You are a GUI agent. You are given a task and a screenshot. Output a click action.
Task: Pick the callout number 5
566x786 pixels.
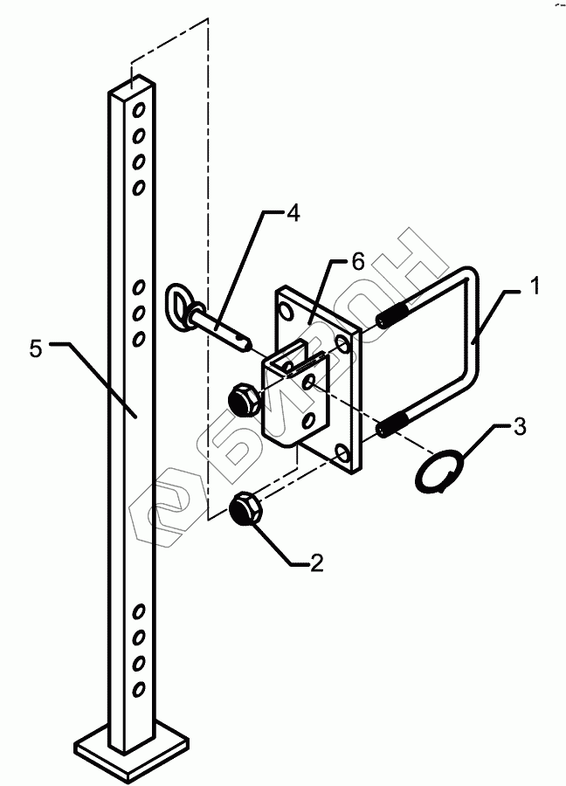[36, 349]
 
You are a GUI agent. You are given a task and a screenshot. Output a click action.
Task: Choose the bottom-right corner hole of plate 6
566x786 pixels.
[342, 452]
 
